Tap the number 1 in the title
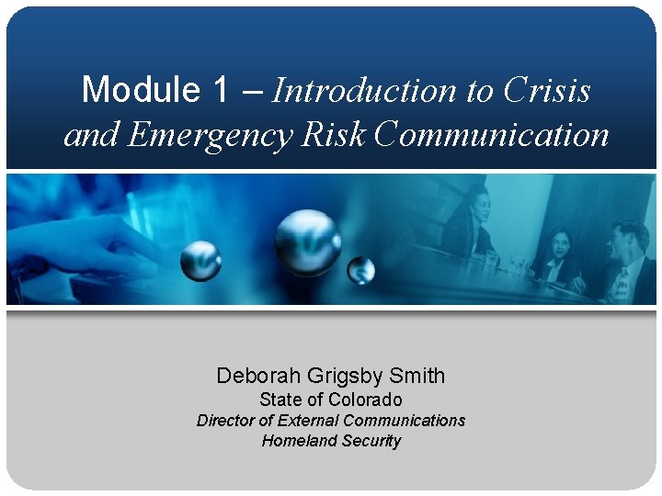pyautogui.click(x=221, y=90)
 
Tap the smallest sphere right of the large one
pyautogui.click(x=361, y=270)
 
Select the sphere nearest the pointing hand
pyautogui.click(x=200, y=261)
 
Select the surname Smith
pyautogui.click(x=417, y=376)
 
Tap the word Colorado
pyautogui.click(x=365, y=400)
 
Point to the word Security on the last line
pyautogui.click(x=371, y=441)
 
